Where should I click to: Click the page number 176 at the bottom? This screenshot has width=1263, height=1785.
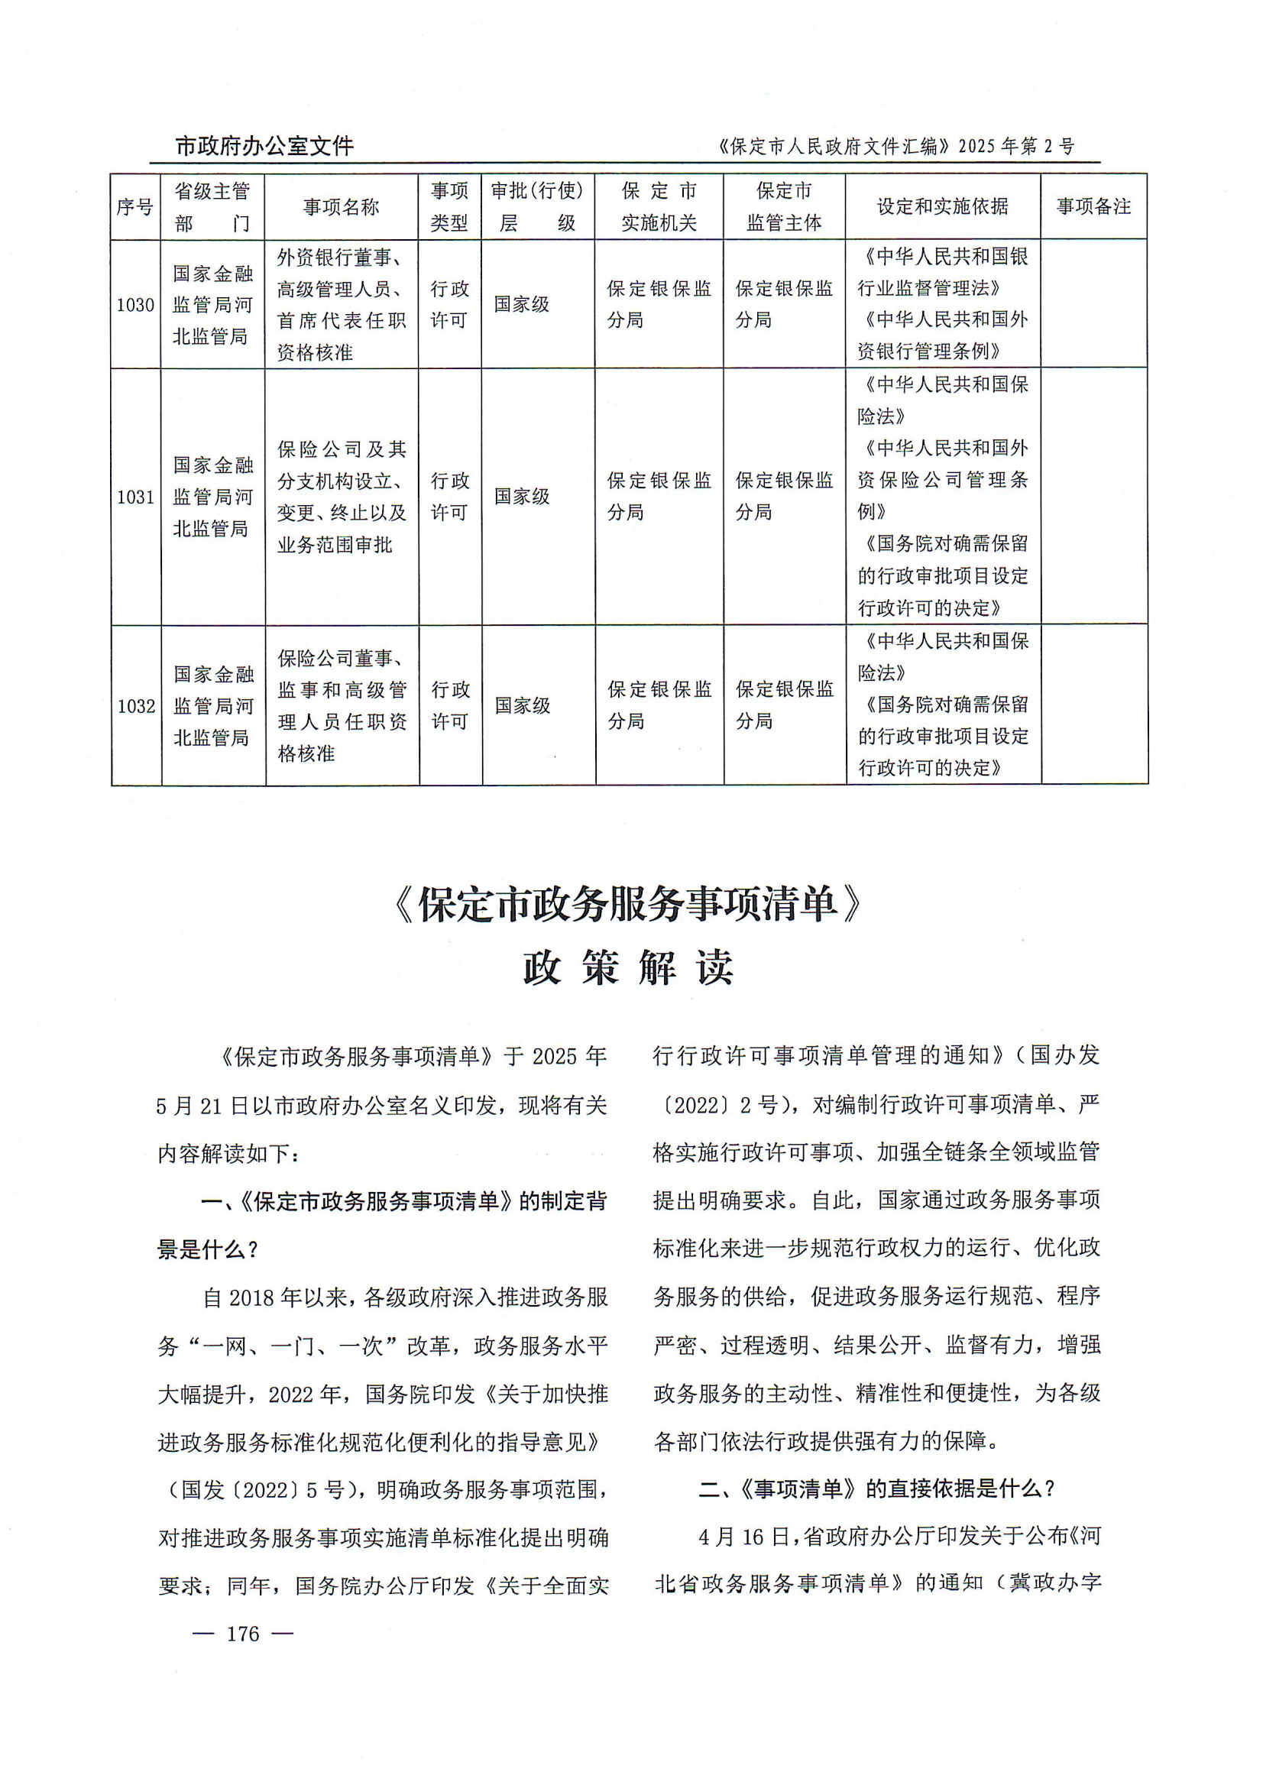243,1634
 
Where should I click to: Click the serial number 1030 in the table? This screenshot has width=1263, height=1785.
135,305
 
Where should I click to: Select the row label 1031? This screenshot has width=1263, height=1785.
136,497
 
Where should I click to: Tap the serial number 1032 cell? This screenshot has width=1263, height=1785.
136,706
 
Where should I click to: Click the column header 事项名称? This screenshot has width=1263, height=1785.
341,207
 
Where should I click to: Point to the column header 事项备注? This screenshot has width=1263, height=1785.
1093,207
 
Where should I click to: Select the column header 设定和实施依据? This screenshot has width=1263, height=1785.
942,207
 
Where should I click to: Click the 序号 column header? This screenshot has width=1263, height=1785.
134,207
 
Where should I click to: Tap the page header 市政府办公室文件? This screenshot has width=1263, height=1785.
264,146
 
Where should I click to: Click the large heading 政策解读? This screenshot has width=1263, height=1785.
628,969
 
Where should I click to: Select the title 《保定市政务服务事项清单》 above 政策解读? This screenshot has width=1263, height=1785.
628,904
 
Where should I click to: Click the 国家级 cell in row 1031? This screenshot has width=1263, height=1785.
522,497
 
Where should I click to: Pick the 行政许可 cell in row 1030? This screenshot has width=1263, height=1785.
449,305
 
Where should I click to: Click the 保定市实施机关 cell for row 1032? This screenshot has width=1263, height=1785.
659,705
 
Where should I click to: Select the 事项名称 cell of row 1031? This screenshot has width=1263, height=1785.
342,497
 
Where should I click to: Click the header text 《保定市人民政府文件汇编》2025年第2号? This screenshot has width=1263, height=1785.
895,146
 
